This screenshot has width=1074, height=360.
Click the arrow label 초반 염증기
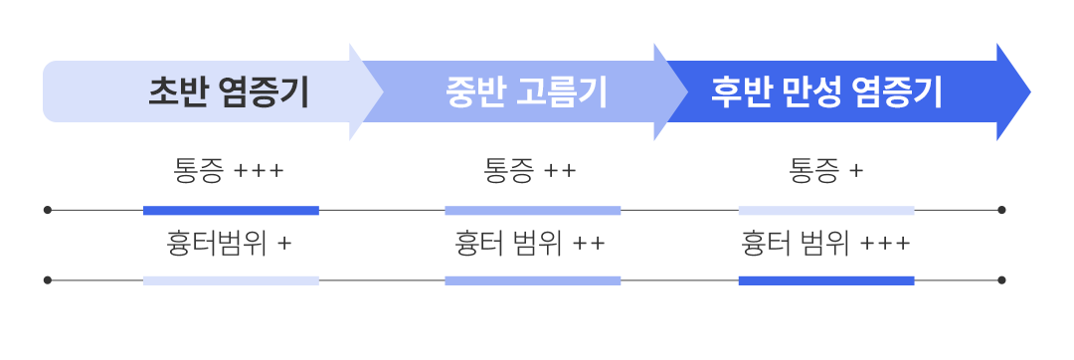point(228,92)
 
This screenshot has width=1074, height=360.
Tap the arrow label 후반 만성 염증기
point(826,92)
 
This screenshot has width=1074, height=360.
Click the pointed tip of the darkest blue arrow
point(1027,92)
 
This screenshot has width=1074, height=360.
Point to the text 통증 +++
point(229,171)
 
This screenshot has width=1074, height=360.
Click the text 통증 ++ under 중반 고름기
point(530,171)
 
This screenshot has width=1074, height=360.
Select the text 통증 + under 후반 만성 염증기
point(825,171)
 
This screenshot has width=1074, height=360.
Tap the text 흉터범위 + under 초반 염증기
point(229,242)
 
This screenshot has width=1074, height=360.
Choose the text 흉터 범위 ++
point(530,242)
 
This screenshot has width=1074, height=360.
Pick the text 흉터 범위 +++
point(825,242)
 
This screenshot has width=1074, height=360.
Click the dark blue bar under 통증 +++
point(231,211)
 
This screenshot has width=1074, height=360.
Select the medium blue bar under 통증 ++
point(532,211)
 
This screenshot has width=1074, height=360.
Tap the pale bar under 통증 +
point(825,211)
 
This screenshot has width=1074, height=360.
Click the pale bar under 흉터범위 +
point(231,280)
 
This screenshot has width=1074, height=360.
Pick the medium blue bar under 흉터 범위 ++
point(532,280)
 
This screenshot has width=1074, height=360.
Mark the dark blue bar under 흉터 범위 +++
point(825,280)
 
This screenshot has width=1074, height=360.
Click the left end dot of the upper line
point(48,211)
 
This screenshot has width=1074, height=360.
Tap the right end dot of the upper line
point(1001,211)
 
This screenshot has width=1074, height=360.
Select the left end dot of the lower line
point(48,280)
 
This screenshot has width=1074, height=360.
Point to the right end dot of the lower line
point(1001,280)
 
